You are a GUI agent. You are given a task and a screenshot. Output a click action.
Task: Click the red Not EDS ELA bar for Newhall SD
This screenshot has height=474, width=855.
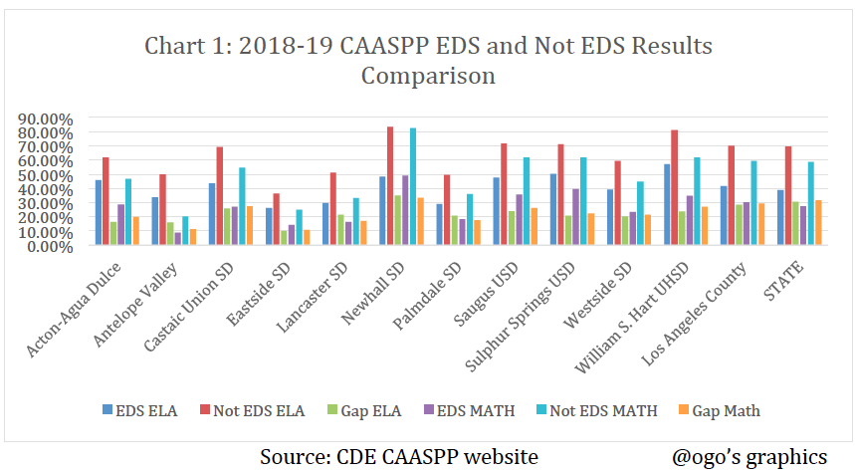[x=390, y=186]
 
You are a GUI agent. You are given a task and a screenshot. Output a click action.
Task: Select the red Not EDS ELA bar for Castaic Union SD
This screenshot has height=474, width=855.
[x=219, y=196]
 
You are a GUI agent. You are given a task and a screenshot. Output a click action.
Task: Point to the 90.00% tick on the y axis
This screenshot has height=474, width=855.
[x=46, y=118]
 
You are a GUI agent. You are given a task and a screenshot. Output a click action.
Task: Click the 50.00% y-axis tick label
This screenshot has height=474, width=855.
[x=46, y=175]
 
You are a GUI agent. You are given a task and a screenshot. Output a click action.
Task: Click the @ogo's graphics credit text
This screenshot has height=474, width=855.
[x=749, y=456]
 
